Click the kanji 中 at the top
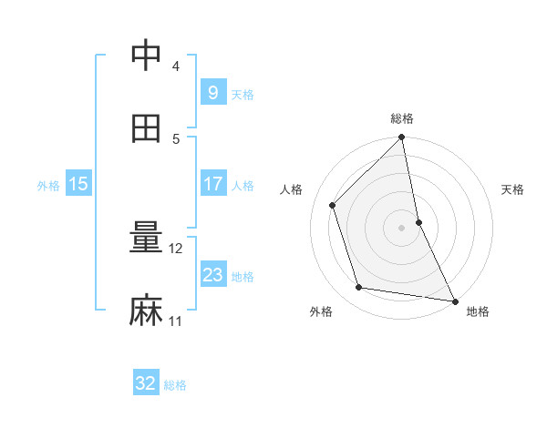tap(146, 56)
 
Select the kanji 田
tap(146, 127)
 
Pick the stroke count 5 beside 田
tap(176, 138)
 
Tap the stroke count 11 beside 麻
tap(176, 321)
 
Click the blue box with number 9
tap(212, 92)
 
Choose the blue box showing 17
tap(212, 184)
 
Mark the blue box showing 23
tap(212, 275)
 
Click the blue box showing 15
tap(78, 184)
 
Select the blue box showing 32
tap(146, 383)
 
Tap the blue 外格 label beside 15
tap(48, 186)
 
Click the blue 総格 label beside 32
tap(176, 385)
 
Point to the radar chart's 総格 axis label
tap(402, 118)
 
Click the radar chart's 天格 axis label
tap(512, 189)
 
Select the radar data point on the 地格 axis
tap(454, 301)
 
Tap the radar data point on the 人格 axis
tap(333, 205)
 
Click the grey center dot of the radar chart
tap(402, 227)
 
